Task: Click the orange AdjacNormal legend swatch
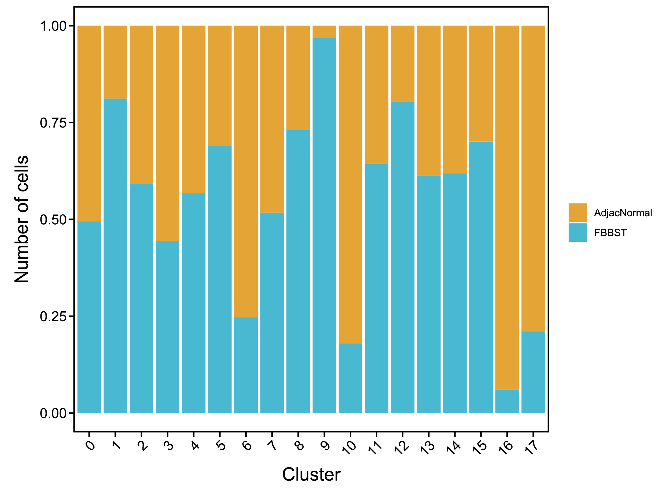coord(577,212)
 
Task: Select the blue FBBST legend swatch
coord(577,232)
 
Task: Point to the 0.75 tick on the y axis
coord(53,123)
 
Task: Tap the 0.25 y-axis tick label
coord(53,316)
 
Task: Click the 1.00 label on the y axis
coord(53,26)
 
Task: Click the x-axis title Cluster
coord(311,475)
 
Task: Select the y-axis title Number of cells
coord(22,219)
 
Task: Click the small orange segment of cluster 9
coord(324,32)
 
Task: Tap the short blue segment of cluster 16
coord(507,401)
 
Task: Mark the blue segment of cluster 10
coord(350,378)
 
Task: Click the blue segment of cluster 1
coord(115,256)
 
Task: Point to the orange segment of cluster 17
coord(533,178)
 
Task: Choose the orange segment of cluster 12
coord(403,63)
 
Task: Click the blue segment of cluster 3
coord(167,327)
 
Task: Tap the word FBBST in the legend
coord(610,233)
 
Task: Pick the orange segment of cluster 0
coord(89,123)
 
